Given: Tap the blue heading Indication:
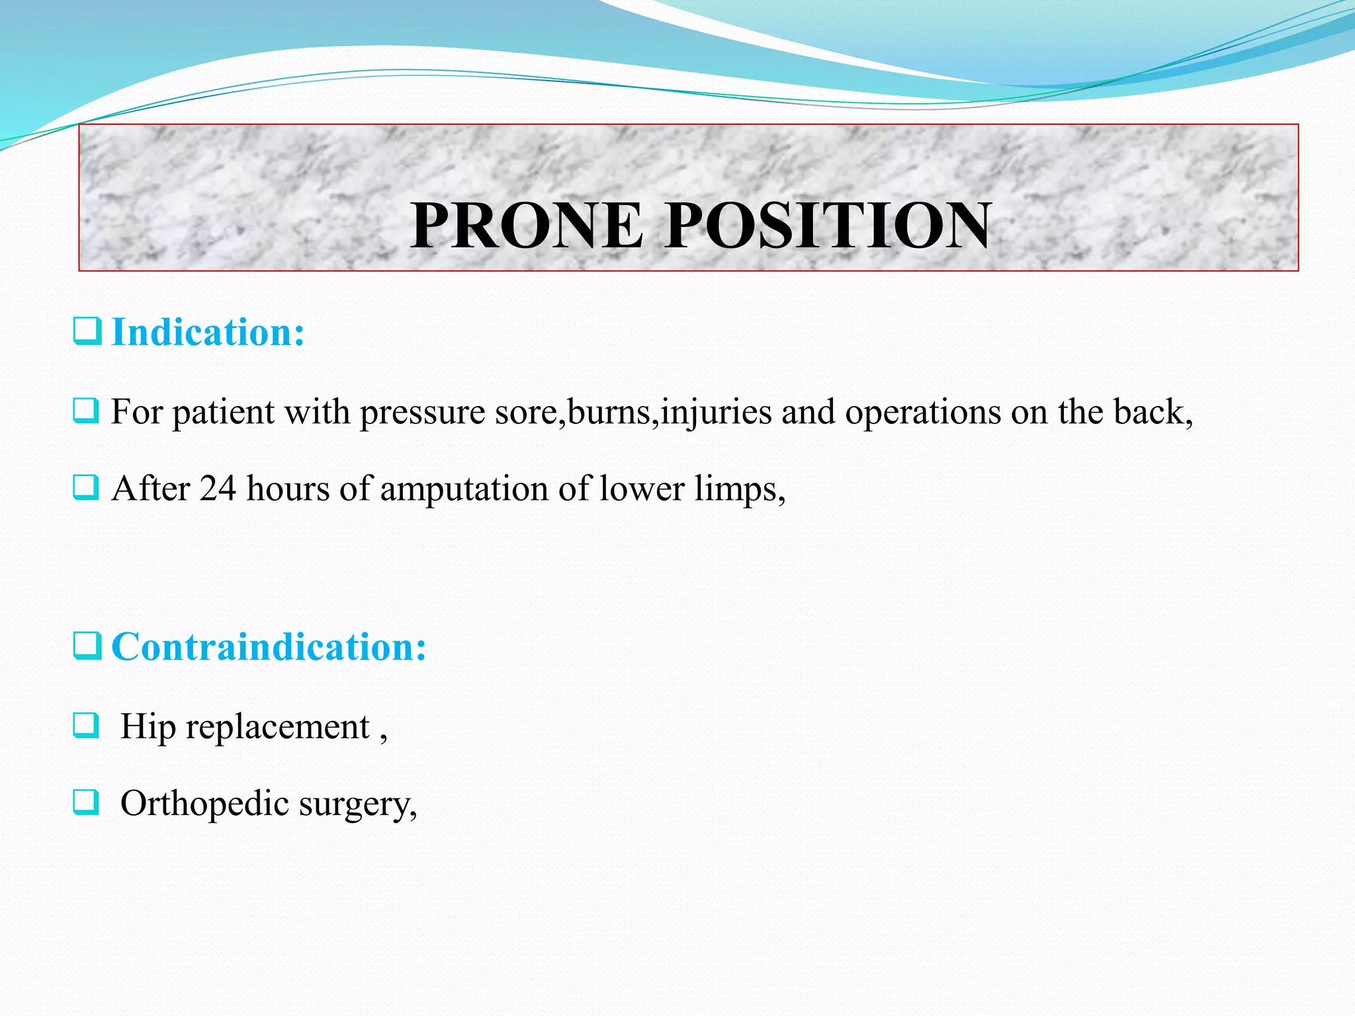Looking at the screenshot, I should [x=208, y=332].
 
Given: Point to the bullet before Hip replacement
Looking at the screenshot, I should [x=86, y=726].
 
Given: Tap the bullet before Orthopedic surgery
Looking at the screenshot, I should [x=86, y=802].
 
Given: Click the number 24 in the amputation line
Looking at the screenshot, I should [x=218, y=489].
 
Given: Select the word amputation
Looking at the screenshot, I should [x=463, y=490].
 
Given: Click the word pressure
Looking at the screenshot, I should [x=422, y=413].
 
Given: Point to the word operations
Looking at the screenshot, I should [x=922, y=413].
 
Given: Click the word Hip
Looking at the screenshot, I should [x=148, y=727].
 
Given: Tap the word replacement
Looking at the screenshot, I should [x=277, y=727].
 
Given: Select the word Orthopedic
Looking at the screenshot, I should [x=204, y=804].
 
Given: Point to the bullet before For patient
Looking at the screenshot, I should [x=86, y=411].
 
